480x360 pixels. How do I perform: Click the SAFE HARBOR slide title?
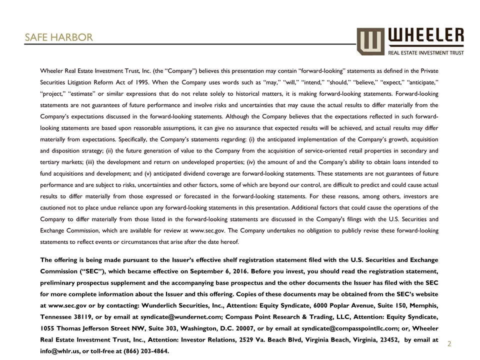pos(59,37)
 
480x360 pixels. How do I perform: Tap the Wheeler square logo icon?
pos(370,41)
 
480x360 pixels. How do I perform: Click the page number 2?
pos(449,344)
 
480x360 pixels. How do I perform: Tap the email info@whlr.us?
pos(58,351)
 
